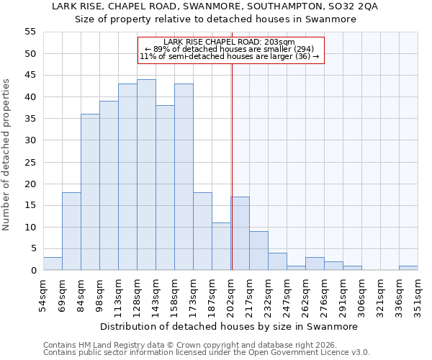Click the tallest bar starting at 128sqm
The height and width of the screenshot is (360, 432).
(x=146, y=175)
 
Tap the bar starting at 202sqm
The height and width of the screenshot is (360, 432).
(x=240, y=233)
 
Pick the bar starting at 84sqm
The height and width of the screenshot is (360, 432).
(x=90, y=192)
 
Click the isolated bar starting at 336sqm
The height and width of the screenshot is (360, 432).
(x=408, y=268)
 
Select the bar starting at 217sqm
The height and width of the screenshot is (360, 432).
(x=258, y=251)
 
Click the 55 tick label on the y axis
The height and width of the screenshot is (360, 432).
(x=30, y=32)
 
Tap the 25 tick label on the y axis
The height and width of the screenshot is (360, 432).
(x=30, y=162)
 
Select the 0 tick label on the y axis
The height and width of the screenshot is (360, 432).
(x=32, y=271)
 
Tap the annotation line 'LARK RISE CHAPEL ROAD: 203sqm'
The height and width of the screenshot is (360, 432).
(x=230, y=42)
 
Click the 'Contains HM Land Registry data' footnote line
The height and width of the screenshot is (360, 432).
(x=194, y=345)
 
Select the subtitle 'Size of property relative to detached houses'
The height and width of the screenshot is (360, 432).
(x=216, y=19)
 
